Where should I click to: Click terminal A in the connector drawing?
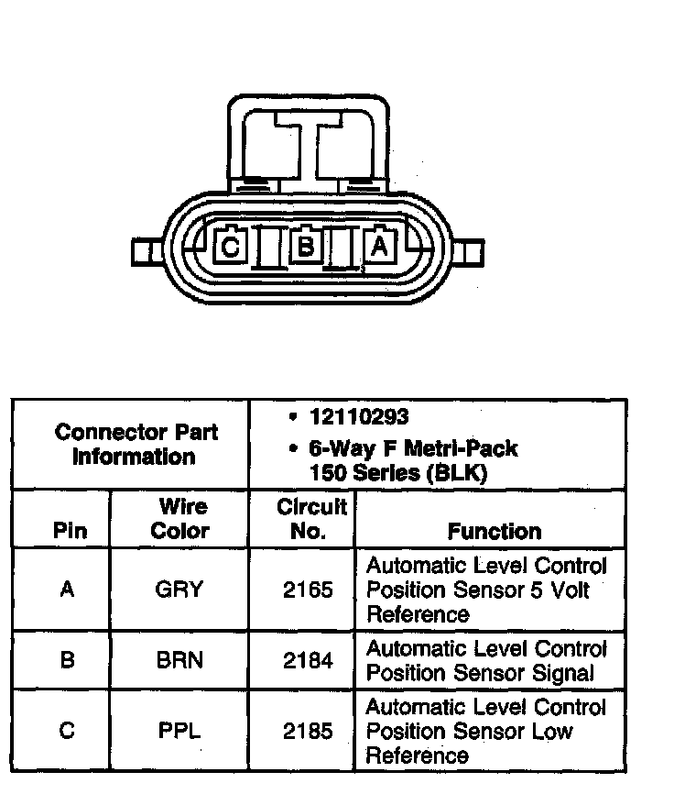point(381,246)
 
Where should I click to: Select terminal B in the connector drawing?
point(307,246)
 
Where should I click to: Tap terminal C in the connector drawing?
point(231,246)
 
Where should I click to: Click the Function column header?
point(494,531)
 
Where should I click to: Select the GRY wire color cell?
point(179,590)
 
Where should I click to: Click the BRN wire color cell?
point(179,660)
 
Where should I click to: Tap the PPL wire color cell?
point(179,732)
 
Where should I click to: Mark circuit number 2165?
point(308,590)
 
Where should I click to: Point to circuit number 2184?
point(308,660)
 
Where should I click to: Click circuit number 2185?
point(308,732)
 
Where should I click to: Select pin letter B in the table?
point(66,660)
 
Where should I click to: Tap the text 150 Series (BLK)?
point(398,473)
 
